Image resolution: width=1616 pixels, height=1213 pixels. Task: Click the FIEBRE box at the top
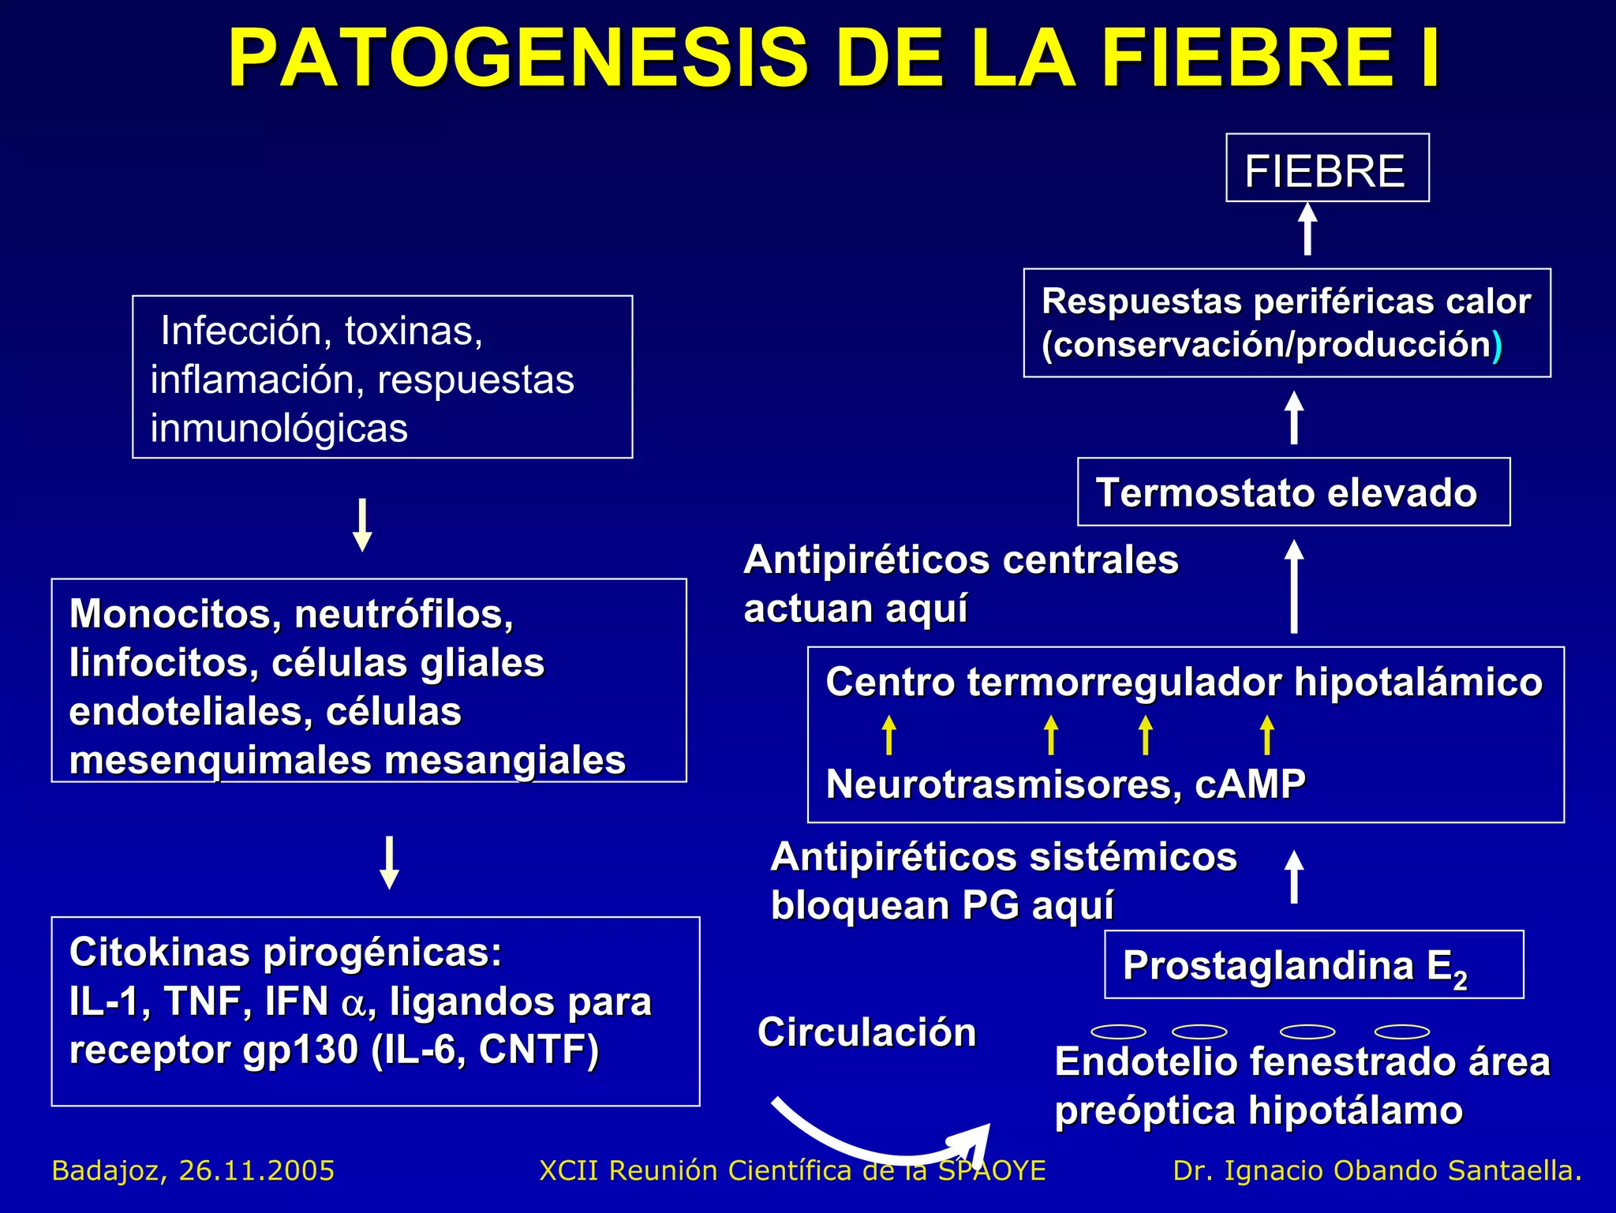coord(1326,169)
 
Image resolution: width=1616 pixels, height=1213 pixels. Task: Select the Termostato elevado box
coord(1293,492)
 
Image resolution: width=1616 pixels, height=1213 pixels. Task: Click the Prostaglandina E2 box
coord(1313,965)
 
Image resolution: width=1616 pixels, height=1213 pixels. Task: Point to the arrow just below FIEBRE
coord(1307,229)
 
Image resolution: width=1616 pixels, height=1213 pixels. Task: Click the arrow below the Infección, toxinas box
coord(362,525)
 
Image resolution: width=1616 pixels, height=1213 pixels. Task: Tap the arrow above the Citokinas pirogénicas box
coord(389,863)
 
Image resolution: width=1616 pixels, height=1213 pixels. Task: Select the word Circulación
coord(866,1032)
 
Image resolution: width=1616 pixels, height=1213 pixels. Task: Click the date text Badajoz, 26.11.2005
coord(193,1170)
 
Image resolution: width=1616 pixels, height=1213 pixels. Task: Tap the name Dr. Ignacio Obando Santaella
coord(1377,1170)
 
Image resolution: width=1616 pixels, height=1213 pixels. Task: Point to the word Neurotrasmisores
coord(1003,784)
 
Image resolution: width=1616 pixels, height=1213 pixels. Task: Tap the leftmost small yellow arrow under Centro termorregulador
coord(889,735)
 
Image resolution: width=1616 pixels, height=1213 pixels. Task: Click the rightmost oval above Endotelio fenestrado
coord(1402,1031)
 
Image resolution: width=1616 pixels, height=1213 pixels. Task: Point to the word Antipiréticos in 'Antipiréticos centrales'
coord(867,560)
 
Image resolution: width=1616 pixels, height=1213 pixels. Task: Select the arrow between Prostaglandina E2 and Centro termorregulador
coord(1293,876)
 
